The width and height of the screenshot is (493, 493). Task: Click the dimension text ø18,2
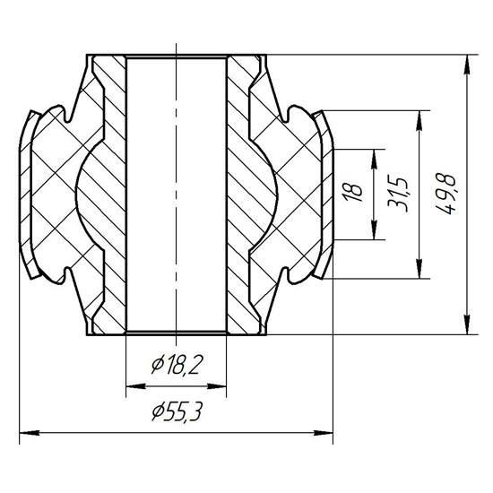[176, 365]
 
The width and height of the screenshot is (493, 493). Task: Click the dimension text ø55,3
[176, 411]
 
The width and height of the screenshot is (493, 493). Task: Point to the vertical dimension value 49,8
[445, 194]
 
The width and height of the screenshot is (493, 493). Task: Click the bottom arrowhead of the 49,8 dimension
[468, 324]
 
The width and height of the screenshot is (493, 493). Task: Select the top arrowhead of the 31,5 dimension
[419, 120]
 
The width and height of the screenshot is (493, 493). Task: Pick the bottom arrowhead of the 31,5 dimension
[419, 269]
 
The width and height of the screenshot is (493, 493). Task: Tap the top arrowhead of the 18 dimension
[374, 159]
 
